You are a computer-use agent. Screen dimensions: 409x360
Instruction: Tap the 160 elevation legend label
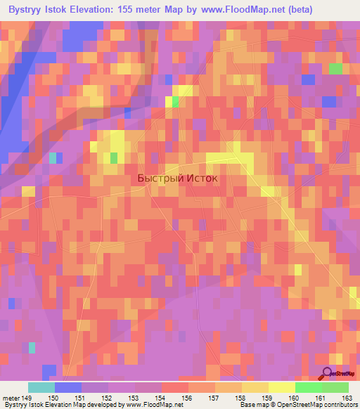click(295, 398)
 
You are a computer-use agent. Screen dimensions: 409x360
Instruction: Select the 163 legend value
click(346, 398)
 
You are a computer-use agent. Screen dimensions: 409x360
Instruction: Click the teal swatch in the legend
click(41, 387)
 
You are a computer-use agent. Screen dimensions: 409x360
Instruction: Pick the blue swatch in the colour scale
click(68, 387)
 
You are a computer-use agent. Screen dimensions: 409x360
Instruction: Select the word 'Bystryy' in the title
click(27, 8)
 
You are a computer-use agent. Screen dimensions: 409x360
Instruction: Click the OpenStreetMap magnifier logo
click(328, 375)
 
